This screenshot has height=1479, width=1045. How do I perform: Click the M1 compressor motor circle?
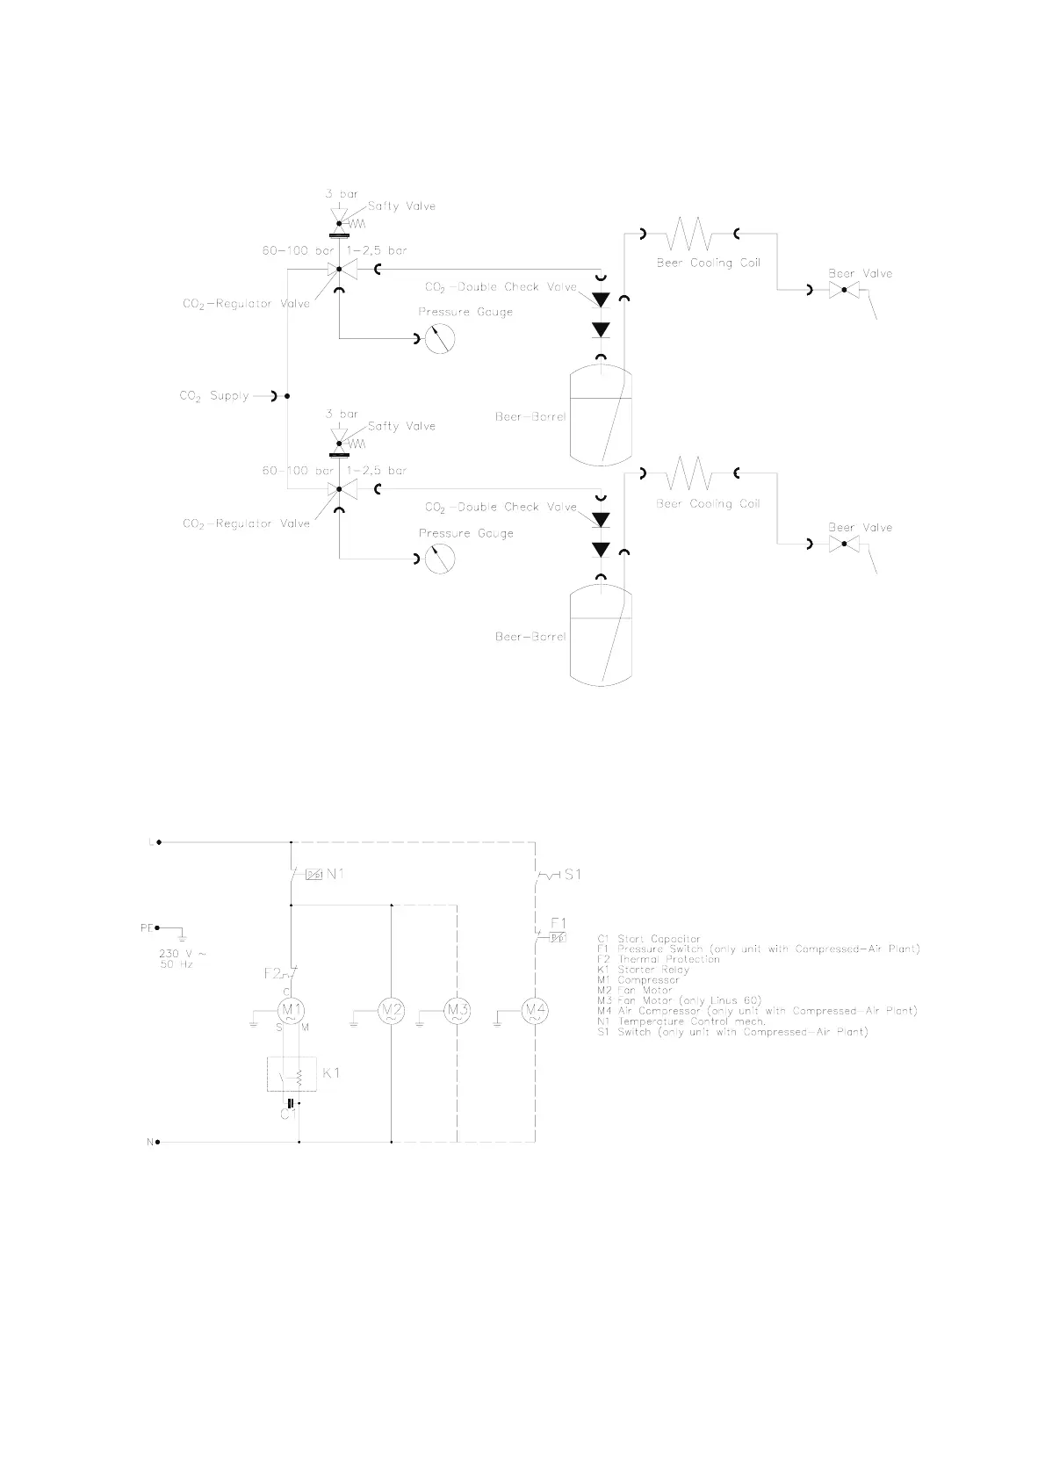tap(291, 1010)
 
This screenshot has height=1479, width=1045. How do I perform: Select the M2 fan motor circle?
tap(391, 1012)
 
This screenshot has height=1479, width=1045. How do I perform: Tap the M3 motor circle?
tap(457, 1012)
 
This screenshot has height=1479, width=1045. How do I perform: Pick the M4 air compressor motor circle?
tap(535, 1012)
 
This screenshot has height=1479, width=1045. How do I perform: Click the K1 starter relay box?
tap(292, 1073)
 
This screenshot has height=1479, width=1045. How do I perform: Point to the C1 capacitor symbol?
tap(291, 1103)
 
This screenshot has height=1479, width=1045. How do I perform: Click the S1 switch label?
tap(572, 875)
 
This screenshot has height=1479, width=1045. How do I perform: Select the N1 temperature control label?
tap(336, 874)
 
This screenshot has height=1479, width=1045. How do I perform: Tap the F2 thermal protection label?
tap(272, 973)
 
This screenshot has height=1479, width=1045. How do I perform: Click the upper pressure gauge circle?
tap(440, 338)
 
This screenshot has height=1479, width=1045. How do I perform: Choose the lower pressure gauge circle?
tap(440, 559)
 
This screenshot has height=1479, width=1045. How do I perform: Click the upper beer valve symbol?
tap(843, 290)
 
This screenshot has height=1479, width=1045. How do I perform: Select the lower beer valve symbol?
tap(843, 545)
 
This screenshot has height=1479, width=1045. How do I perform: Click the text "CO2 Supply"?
tap(214, 396)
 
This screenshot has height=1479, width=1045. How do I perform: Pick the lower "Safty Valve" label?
tap(401, 426)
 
